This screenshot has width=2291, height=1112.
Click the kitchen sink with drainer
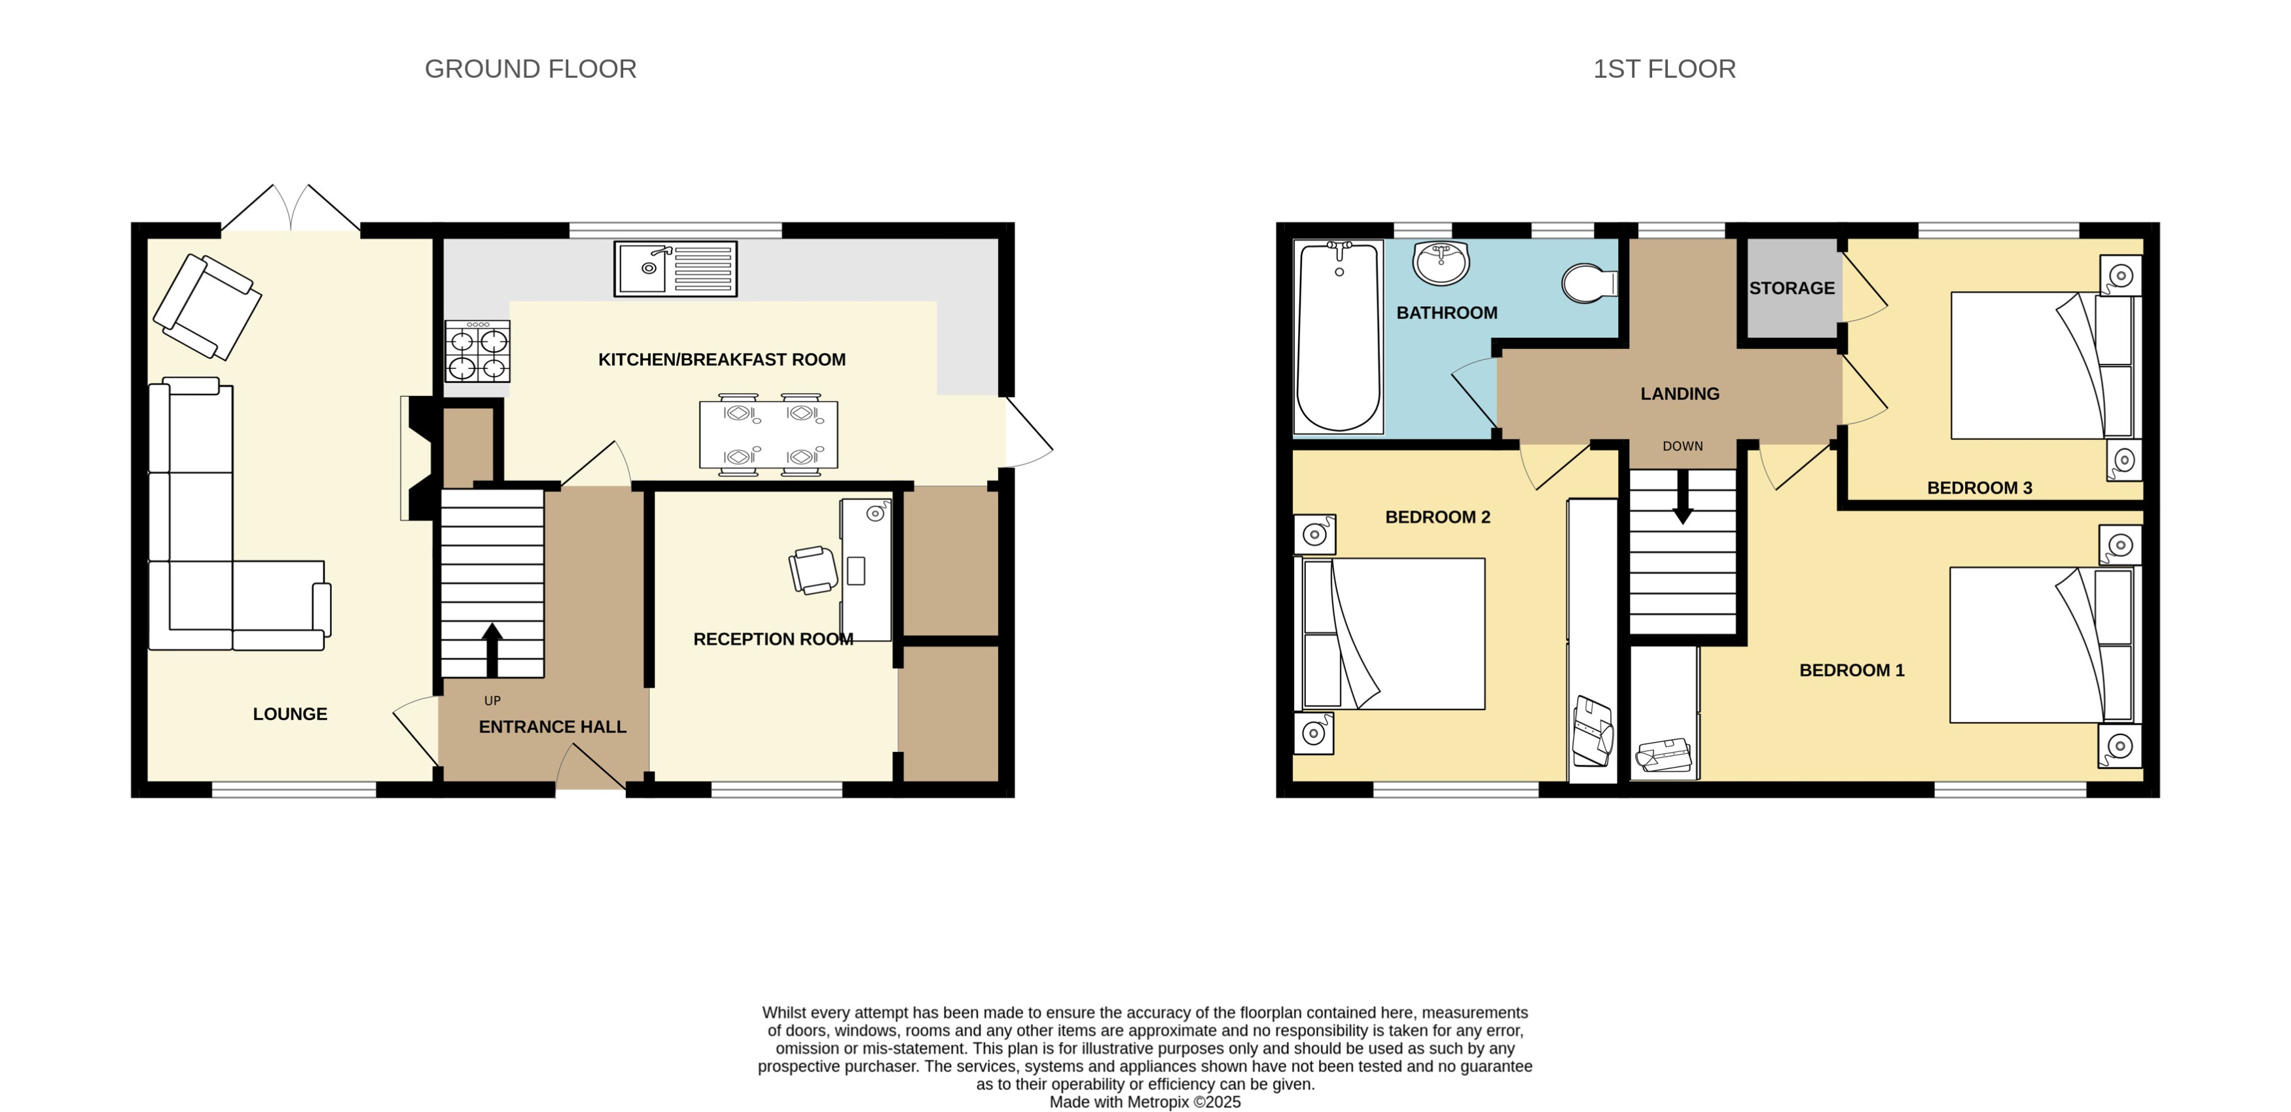(x=675, y=268)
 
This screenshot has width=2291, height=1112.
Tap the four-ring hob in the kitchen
(x=478, y=352)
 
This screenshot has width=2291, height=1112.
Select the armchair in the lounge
(x=207, y=307)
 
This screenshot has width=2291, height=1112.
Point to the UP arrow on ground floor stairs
(x=492, y=649)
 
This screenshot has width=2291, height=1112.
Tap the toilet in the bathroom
(x=1589, y=283)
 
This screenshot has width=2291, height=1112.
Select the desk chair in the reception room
(x=814, y=570)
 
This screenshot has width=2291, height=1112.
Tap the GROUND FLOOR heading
(x=530, y=69)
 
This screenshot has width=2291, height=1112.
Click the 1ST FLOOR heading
(x=1663, y=69)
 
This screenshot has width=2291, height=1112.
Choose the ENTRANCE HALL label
(x=552, y=726)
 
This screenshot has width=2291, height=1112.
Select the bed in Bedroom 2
(x=1394, y=634)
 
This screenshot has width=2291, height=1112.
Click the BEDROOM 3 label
(x=1979, y=488)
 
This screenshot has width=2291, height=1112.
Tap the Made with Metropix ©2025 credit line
(x=1145, y=1102)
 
